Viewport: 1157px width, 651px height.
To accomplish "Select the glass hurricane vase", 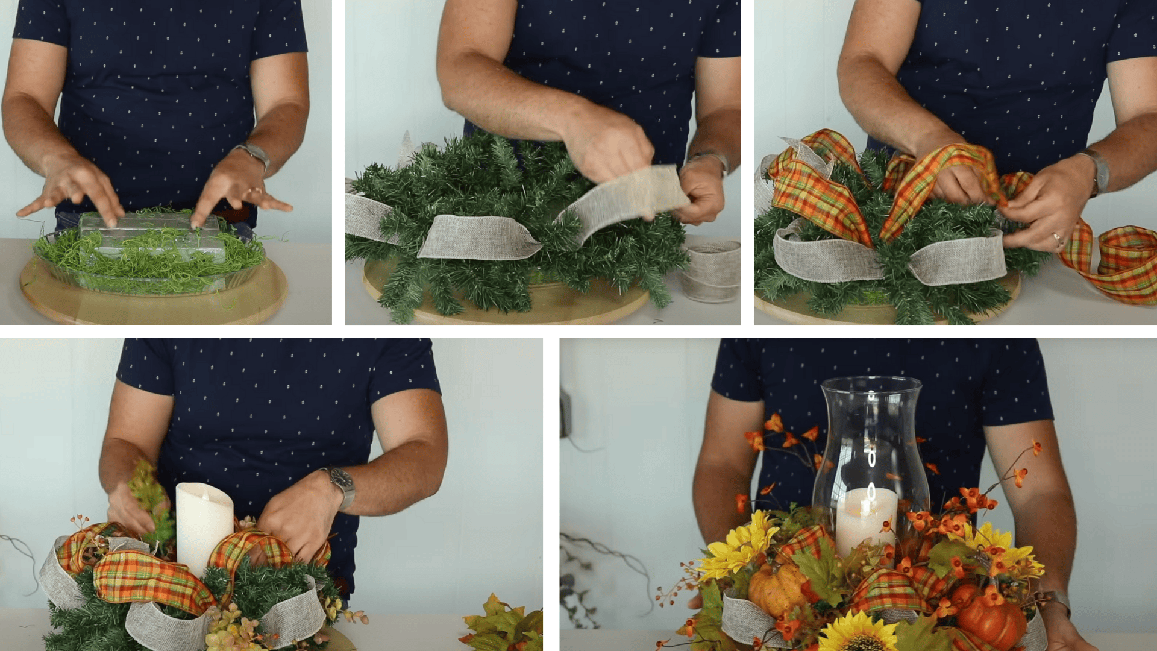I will click(870, 446).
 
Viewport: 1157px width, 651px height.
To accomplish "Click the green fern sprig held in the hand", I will click(151, 500).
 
